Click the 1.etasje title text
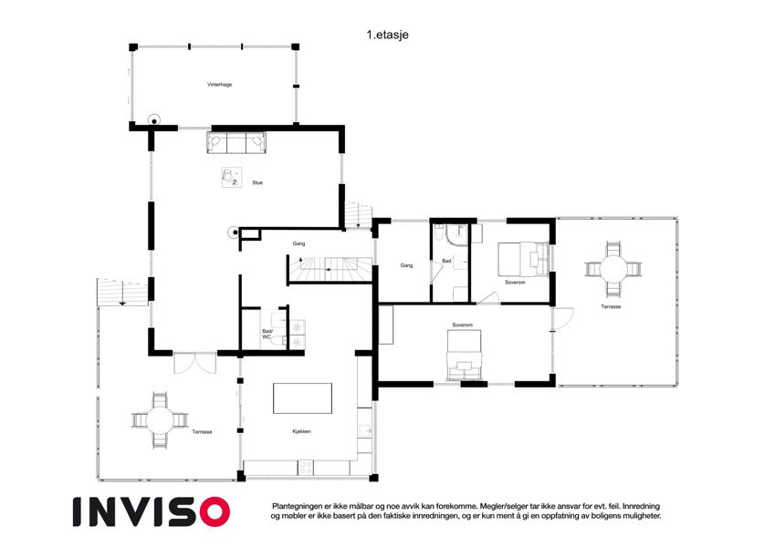click(x=387, y=35)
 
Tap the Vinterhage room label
click(x=219, y=85)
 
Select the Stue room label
click(x=257, y=182)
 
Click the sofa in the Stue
click(x=236, y=142)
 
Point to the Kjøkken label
click(x=301, y=431)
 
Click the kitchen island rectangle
click(x=302, y=397)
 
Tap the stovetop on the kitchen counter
click(x=305, y=468)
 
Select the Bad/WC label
click(x=267, y=334)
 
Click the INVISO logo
click(x=152, y=511)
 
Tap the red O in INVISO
click(x=215, y=511)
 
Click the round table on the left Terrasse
click(x=160, y=420)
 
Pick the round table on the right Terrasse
click(x=613, y=270)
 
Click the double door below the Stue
click(x=194, y=363)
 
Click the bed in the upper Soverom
click(x=523, y=259)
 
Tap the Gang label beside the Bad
click(x=406, y=265)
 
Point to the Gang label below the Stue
click(x=298, y=243)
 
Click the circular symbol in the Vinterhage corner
click(x=154, y=120)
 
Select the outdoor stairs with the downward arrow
click(x=122, y=292)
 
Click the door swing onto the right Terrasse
click(x=563, y=319)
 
